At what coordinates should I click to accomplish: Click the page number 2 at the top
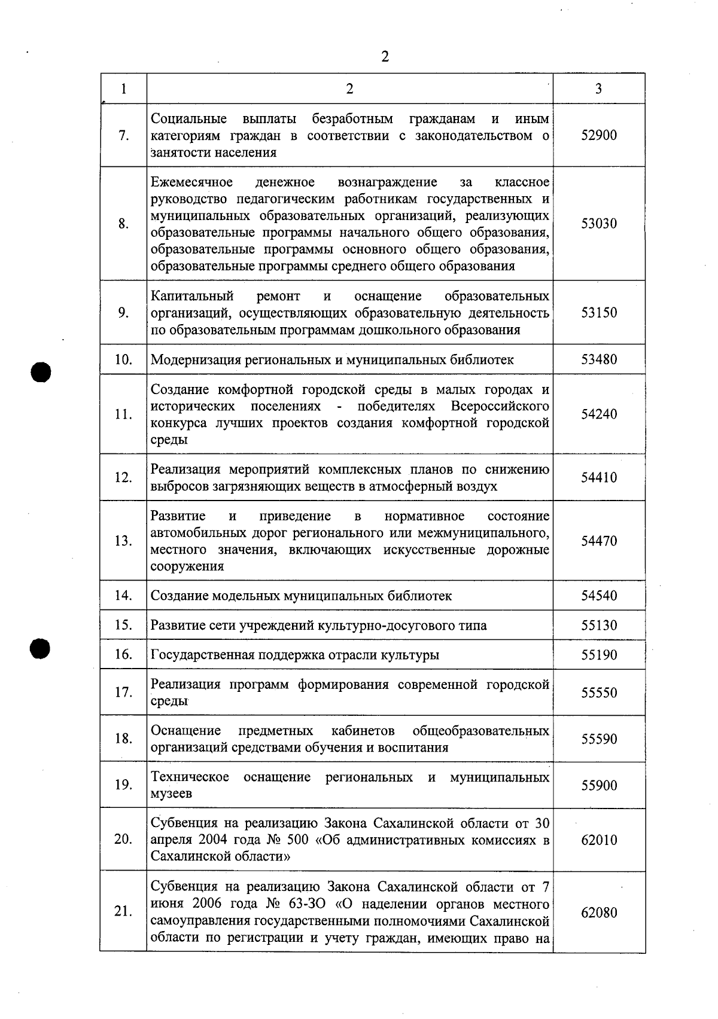(x=385, y=57)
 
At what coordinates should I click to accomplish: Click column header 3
(x=598, y=89)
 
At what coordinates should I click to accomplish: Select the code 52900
(x=599, y=135)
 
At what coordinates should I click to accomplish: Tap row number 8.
(x=123, y=224)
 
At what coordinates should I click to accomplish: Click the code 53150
(x=599, y=313)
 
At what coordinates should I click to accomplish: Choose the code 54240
(x=599, y=414)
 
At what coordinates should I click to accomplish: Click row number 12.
(x=123, y=477)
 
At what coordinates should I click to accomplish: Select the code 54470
(x=599, y=541)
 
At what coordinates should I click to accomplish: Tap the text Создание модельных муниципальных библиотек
(x=301, y=596)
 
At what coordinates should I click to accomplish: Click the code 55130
(x=599, y=626)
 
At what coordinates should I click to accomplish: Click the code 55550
(x=599, y=692)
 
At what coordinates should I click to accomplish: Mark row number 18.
(x=123, y=739)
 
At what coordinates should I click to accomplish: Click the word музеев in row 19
(x=171, y=794)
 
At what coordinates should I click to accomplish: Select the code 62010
(x=599, y=840)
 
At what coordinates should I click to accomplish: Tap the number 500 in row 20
(x=297, y=840)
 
